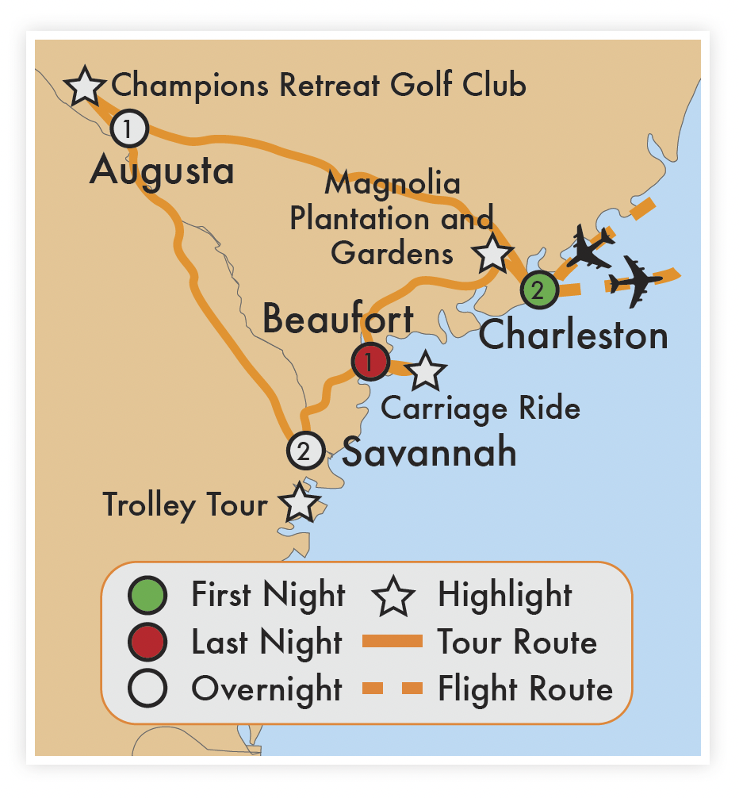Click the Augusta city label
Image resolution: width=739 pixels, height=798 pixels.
tap(162, 171)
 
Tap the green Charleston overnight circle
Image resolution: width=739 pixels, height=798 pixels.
tap(539, 290)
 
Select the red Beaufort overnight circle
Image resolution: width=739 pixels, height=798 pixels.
tap(370, 363)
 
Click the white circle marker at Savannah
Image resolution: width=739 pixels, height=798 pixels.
tap(306, 451)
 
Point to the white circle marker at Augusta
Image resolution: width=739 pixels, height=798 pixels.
tap(129, 128)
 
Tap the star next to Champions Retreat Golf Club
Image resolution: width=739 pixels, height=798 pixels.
tap(85, 86)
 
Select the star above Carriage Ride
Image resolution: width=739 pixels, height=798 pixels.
tap(426, 370)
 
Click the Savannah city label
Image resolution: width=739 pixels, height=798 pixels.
tap(429, 453)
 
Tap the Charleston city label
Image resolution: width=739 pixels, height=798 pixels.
tap(573, 335)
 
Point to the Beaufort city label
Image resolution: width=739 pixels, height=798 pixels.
tap(338, 320)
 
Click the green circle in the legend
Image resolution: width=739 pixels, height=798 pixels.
tap(147, 596)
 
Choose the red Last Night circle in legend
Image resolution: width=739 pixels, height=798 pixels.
tap(147, 643)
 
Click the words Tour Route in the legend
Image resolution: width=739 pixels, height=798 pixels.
tap(517, 642)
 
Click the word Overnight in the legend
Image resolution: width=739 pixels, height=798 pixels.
tap(266, 689)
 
